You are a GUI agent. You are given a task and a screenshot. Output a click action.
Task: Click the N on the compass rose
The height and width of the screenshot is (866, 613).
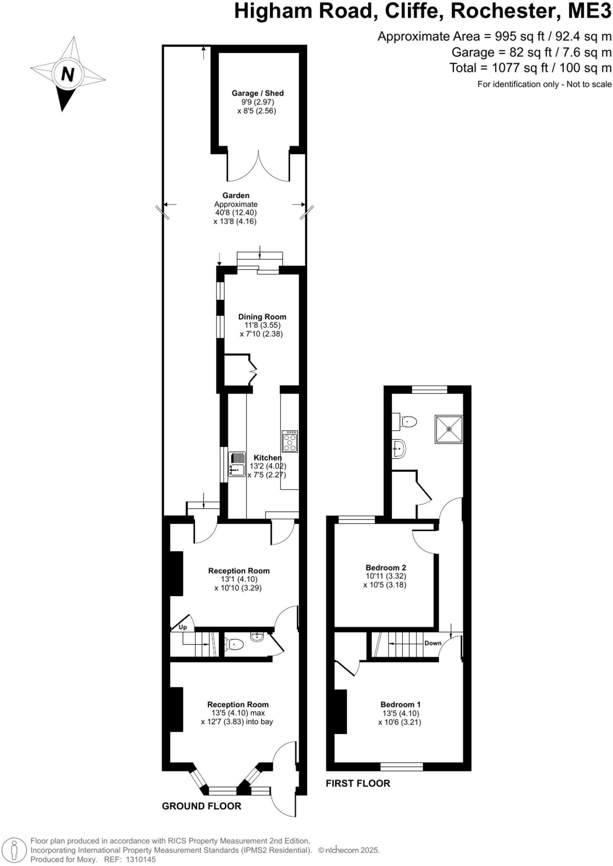pyautogui.click(x=67, y=74)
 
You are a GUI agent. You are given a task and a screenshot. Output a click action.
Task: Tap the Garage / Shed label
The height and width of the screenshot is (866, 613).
pyautogui.click(x=257, y=93)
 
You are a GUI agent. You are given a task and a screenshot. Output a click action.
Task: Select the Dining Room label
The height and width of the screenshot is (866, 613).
pyautogui.click(x=262, y=317)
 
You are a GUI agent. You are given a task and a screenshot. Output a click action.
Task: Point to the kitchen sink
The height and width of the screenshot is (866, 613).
pyautogui.click(x=237, y=464)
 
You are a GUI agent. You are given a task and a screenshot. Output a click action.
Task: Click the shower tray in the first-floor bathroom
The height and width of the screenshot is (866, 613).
pyautogui.click(x=449, y=429)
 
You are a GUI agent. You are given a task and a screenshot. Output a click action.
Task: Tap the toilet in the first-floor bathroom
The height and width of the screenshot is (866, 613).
pyautogui.click(x=407, y=422)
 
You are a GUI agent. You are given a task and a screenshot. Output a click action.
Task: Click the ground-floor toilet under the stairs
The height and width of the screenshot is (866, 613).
pyautogui.click(x=234, y=644)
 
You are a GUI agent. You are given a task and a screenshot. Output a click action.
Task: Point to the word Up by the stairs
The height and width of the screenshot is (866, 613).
pyautogui.click(x=182, y=628)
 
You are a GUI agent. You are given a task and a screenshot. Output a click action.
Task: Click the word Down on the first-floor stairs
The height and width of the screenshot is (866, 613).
pyautogui.click(x=433, y=643)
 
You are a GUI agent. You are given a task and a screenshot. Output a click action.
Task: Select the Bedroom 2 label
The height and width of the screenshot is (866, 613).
pyautogui.click(x=385, y=567)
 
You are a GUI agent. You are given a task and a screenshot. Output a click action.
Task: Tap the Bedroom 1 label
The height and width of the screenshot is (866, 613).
pyautogui.click(x=400, y=704)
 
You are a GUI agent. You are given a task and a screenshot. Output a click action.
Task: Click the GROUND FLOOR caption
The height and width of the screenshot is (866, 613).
pyautogui.click(x=201, y=806)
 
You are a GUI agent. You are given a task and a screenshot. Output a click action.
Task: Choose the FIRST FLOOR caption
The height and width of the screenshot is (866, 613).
pyautogui.click(x=357, y=784)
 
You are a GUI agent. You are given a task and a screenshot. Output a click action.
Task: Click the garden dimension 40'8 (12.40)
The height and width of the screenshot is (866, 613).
pyautogui.click(x=236, y=213)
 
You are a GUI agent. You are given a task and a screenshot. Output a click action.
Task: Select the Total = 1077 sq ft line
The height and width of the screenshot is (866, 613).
pyautogui.click(x=530, y=68)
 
